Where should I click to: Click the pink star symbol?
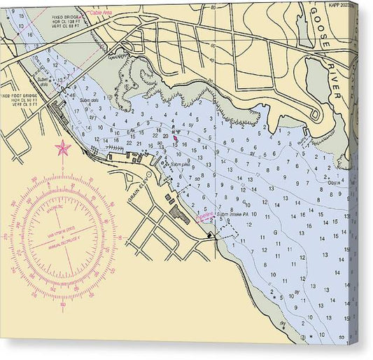(x=63, y=148)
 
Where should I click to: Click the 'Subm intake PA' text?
(x=237, y=214)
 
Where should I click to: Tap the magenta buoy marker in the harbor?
(x=175, y=138)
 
